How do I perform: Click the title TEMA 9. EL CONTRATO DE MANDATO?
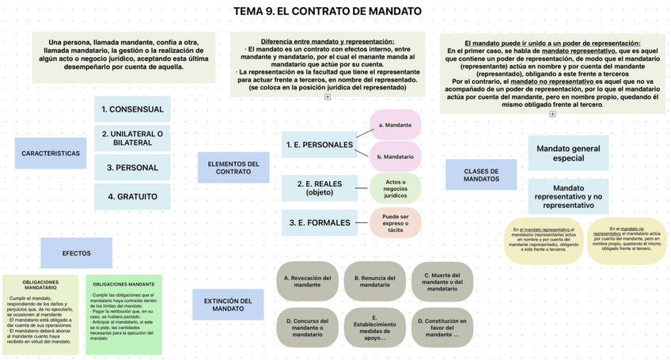pos(328,12)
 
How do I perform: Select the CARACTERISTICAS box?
pos(51,153)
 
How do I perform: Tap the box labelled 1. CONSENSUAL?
pos(132,109)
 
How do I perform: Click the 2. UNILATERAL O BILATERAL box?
pos(132,138)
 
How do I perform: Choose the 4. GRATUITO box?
pos(132,196)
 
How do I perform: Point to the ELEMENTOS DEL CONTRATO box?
pos(233,168)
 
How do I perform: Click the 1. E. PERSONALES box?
pos(320,145)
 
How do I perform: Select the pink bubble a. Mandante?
pos(396,125)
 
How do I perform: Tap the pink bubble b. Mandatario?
pos(396,157)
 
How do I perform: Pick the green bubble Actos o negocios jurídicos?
pos(396,188)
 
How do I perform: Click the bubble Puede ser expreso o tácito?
pos(396,222)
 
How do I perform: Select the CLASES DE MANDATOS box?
pos(481,175)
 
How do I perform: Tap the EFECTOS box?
pos(77,253)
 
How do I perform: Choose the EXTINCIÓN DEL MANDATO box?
pos(228,305)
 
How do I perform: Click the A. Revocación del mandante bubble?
pos(307,282)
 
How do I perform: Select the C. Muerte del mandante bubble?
pos(442,282)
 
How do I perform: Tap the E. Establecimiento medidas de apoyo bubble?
pos(374,328)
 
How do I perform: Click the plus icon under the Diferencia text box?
pos(328,97)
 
